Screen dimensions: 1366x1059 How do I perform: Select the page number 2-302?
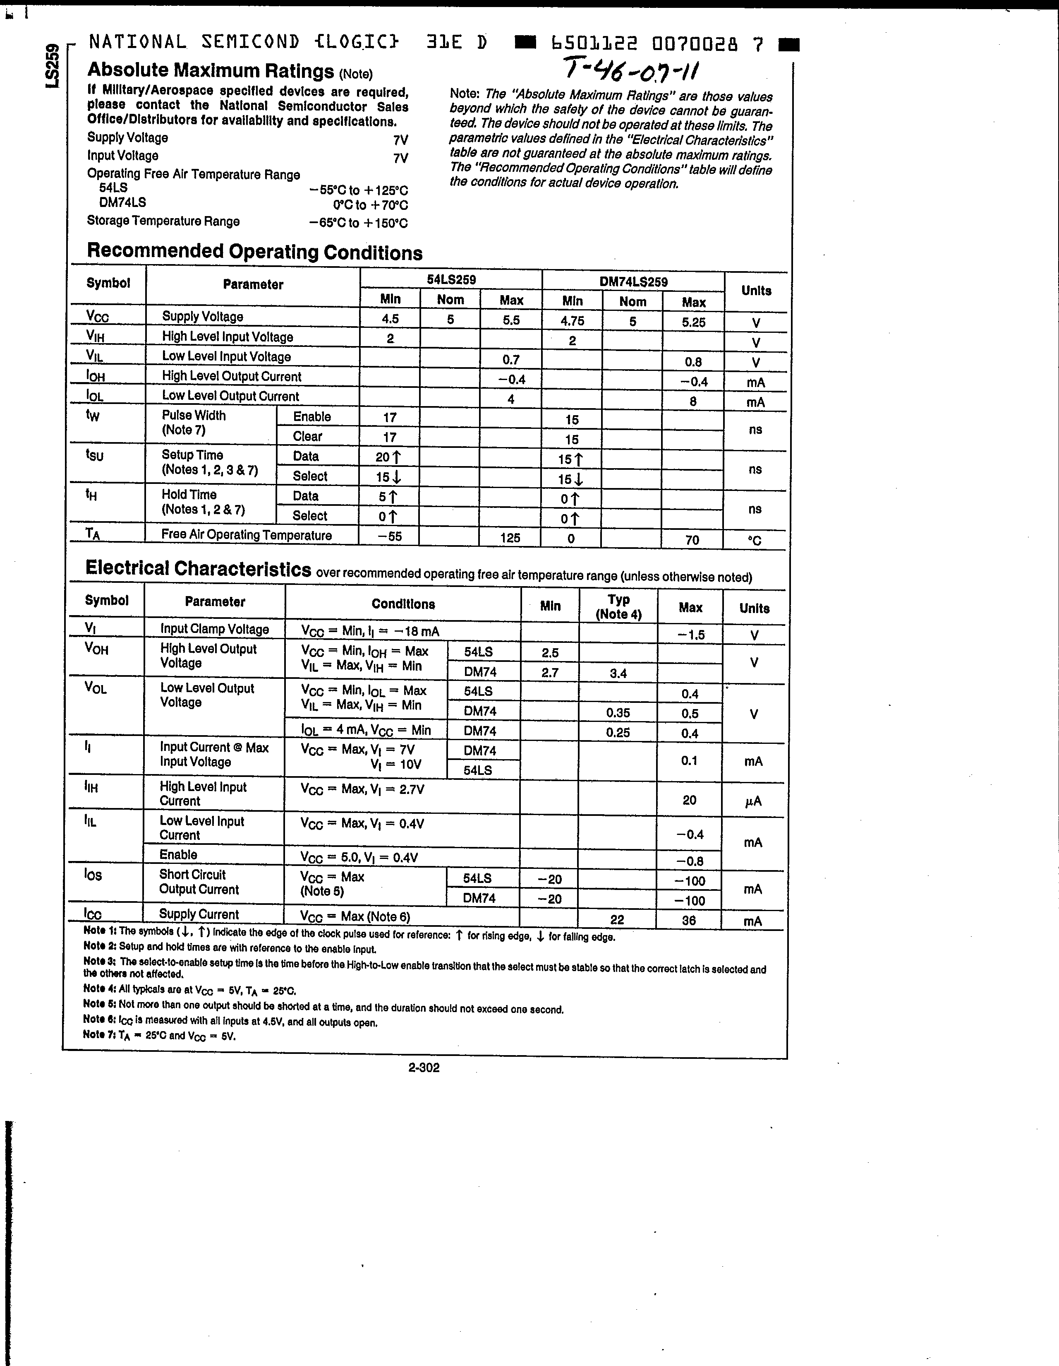(x=424, y=1067)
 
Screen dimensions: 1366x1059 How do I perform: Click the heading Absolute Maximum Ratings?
(x=211, y=71)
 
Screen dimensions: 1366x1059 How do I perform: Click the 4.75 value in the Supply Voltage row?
(x=572, y=321)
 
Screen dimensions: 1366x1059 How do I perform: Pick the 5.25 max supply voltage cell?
(x=693, y=322)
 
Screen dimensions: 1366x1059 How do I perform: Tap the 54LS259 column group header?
(x=451, y=279)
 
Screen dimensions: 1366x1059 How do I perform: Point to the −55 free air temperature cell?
(x=390, y=536)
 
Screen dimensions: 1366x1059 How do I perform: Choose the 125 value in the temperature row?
(x=510, y=538)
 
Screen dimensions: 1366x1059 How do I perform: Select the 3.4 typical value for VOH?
(x=618, y=673)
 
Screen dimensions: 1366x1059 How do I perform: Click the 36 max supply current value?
(x=689, y=920)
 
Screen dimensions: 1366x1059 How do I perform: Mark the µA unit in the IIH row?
(x=753, y=801)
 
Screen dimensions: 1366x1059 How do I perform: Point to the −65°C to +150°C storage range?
(x=358, y=223)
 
